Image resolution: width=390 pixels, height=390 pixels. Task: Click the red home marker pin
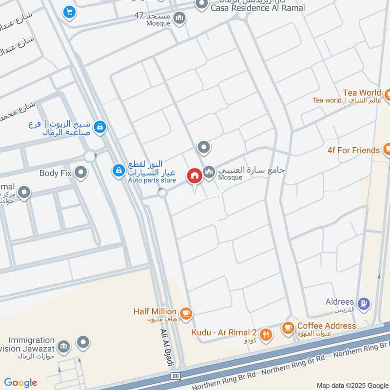[x=194, y=175]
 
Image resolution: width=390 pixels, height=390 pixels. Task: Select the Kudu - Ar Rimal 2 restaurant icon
[x=266, y=334]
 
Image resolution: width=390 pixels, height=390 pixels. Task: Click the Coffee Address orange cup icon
[x=288, y=327]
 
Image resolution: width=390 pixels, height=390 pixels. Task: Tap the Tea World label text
[x=362, y=93]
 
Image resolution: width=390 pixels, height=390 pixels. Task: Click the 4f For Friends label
[x=354, y=150]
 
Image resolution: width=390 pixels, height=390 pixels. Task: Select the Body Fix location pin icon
[x=81, y=172]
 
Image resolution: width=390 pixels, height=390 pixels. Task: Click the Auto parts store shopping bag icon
[x=118, y=171]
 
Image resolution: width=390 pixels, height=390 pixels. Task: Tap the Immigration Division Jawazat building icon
[x=63, y=347]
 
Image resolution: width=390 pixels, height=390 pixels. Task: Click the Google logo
[x=20, y=383]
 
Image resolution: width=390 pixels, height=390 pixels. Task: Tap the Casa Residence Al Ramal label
[x=258, y=8]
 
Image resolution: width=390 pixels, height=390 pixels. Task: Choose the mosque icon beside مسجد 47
[x=180, y=18]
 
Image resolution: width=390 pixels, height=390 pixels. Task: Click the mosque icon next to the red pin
[x=209, y=172]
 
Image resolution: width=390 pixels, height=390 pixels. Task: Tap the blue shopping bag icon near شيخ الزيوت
[x=100, y=127]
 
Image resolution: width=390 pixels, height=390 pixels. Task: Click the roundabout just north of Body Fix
[x=90, y=156]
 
